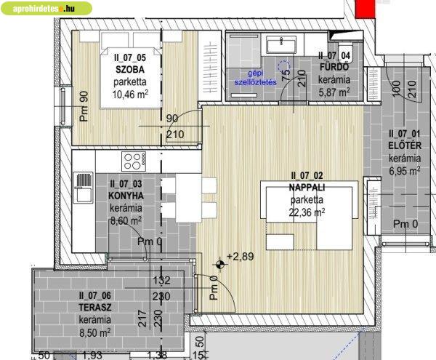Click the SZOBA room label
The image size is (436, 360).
pos(130,70)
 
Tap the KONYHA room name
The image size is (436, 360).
pos(126,196)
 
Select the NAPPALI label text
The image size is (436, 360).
pos(307,187)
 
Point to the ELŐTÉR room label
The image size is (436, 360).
pos(405,145)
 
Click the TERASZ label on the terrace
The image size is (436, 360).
pos(95,308)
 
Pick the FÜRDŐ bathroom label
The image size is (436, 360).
pos(334,67)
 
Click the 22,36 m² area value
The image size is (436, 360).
pos(307,212)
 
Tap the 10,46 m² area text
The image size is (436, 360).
pos(130,95)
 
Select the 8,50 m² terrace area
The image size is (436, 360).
pos(95,332)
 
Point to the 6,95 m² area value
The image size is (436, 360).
pos(405,170)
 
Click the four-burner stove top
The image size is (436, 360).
pos(134,161)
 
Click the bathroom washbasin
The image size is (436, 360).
pos(281,44)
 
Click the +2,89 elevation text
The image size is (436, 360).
pos(241,256)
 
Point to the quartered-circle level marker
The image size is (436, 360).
pos(220,264)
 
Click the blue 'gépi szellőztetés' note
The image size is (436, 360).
pos(256,78)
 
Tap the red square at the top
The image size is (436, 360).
pos(366,9)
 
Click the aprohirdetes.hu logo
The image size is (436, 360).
pos(47,9)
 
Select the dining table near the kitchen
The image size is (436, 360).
pos(189,198)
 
